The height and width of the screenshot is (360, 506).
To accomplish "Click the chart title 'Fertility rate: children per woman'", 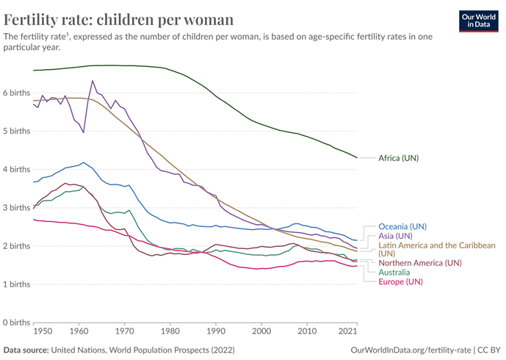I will [x=119, y=19].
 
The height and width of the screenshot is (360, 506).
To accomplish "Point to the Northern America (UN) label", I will [x=420, y=262].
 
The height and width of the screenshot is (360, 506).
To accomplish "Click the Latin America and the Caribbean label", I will [x=436, y=245].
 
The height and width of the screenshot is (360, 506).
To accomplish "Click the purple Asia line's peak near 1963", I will [x=93, y=81].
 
